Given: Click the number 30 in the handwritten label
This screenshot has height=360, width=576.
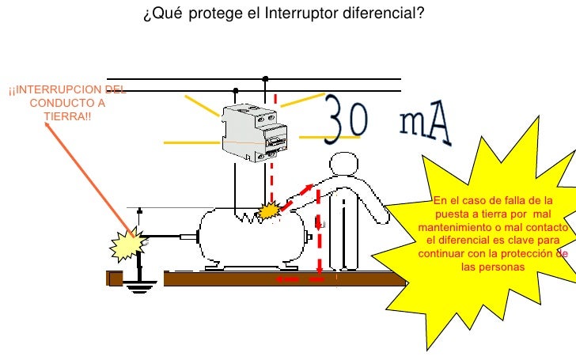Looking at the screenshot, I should coord(347,120).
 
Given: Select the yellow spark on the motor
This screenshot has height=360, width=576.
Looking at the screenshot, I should coord(269,210).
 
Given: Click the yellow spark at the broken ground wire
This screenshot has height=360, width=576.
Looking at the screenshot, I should coord(127,244).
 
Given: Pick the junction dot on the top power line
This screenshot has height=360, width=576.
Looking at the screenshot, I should coord(266,79).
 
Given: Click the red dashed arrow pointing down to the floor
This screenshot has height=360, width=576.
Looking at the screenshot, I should coord(319,237).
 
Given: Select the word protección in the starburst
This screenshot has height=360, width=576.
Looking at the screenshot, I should coord(527,253).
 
